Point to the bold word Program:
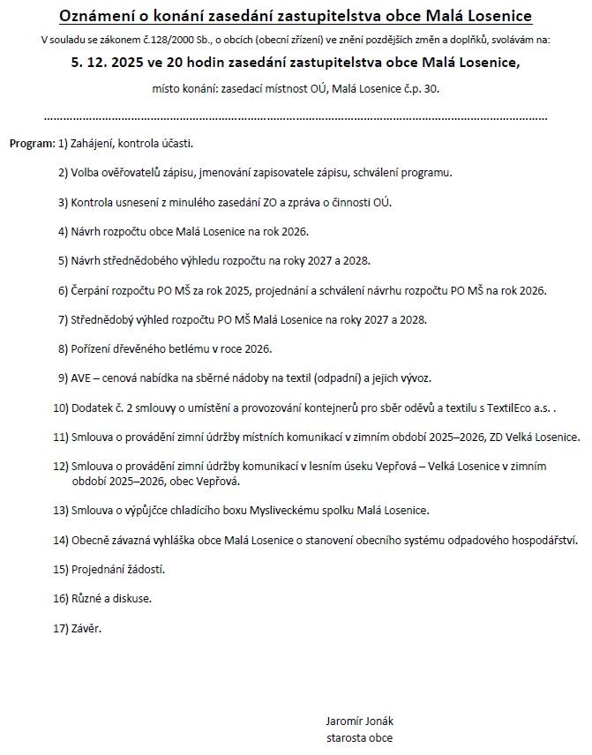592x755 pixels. coord(32,143)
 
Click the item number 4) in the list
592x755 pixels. coord(63,232)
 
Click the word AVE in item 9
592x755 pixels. coord(82,378)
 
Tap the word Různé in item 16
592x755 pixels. coord(87,598)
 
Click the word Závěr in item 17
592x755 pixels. coord(86,628)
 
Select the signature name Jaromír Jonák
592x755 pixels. coord(359,720)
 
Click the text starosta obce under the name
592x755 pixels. coord(359,737)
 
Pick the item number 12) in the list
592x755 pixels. coord(60,467)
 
